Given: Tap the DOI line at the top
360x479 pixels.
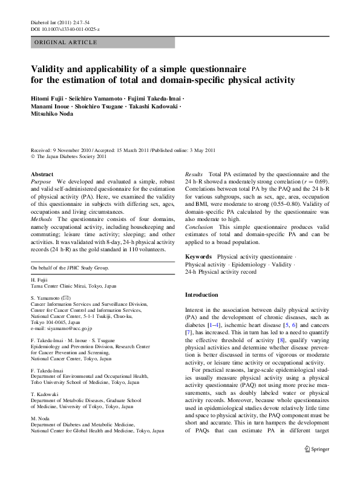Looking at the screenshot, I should (x=65, y=29).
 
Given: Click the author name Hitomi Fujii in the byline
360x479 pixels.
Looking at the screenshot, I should (x=47, y=97).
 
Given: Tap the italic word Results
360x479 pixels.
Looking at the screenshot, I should (x=194, y=174).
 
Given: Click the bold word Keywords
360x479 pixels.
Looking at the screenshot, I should (x=198, y=257).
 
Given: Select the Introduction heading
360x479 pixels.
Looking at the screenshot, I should (x=201, y=294).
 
